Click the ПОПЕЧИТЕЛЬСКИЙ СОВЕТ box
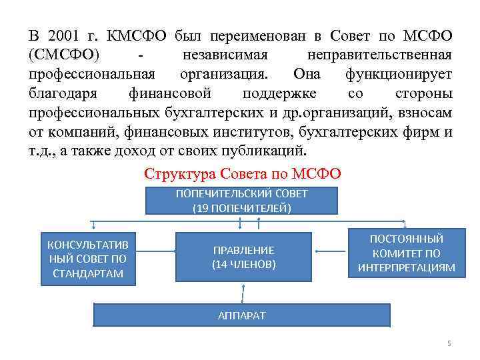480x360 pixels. (x=241, y=201)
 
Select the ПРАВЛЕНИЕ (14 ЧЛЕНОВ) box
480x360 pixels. (x=243, y=257)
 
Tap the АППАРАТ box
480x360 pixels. (x=241, y=315)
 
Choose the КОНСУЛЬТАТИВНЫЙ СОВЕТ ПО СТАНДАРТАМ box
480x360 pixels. (x=89, y=257)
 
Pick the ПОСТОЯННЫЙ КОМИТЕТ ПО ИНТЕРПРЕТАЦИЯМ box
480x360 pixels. (x=406, y=253)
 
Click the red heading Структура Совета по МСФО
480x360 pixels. (x=242, y=174)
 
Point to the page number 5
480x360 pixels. (x=449, y=343)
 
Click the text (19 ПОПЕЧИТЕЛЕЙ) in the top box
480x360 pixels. (x=241, y=208)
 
